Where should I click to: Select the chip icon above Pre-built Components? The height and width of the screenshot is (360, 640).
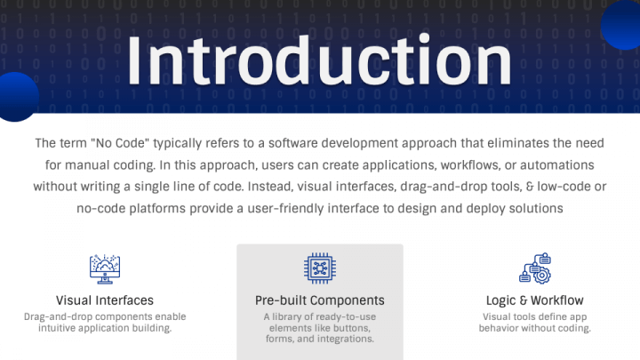click(x=319, y=267)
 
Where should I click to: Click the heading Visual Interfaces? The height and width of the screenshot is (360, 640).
click(x=104, y=300)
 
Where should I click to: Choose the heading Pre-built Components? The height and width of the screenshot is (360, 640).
click(x=319, y=300)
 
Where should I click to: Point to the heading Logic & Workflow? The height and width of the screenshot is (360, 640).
click(x=534, y=300)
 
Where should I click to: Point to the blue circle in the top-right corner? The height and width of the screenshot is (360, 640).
click(x=623, y=24)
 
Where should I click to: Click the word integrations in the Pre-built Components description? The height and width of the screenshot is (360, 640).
click(x=343, y=339)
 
